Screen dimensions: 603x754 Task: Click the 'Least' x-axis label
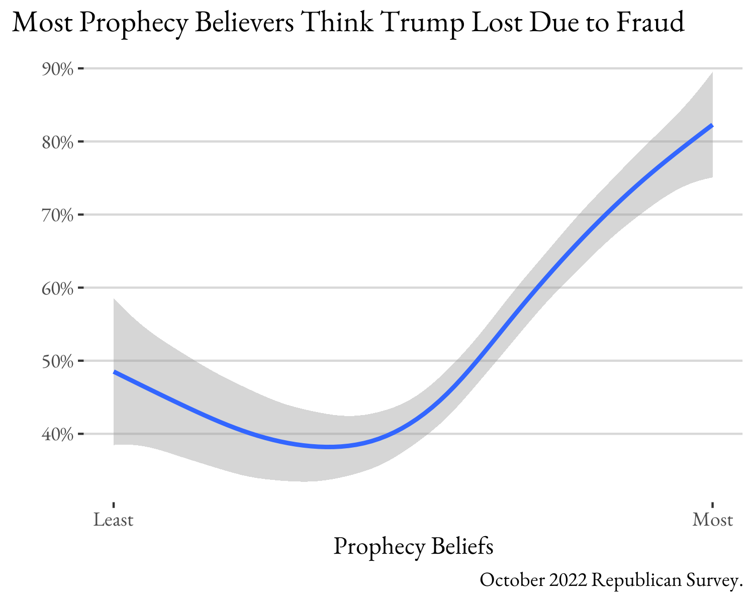click(x=114, y=519)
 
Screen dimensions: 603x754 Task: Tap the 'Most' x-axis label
click(x=712, y=519)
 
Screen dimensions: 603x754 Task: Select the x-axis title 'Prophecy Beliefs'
click(x=413, y=547)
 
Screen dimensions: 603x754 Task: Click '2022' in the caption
click(x=568, y=580)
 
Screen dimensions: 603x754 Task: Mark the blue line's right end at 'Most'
click(x=712, y=126)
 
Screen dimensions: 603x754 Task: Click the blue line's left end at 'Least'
click(x=115, y=372)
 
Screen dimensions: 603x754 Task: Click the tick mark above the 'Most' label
click(x=712, y=505)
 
